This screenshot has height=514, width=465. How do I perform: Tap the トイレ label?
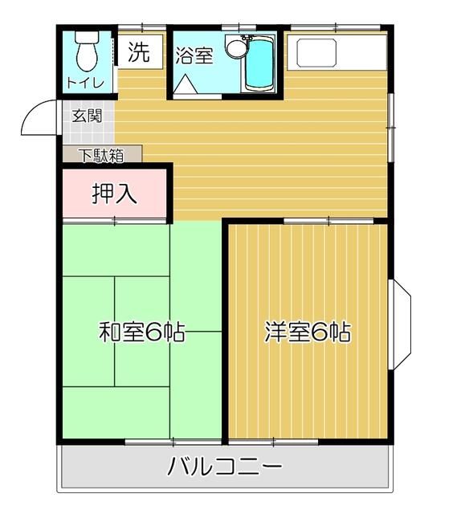click(84, 82)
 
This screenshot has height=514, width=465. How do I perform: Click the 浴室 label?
click(194, 56)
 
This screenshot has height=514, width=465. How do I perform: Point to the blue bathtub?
click(259, 66)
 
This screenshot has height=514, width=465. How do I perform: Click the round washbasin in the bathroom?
click(235, 48)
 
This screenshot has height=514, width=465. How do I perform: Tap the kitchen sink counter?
click(338, 52)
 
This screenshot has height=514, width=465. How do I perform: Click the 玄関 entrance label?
click(87, 116)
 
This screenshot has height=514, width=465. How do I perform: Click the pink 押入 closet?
click(115, 193)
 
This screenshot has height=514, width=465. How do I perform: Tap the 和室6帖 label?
click(142, 332)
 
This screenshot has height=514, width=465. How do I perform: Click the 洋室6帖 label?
click(308, 332)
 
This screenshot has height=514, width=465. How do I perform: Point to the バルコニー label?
click(224, 467)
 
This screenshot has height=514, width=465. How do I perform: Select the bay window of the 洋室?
click(401, 324)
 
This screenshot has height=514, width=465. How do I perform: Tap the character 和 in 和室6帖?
click(109, 332)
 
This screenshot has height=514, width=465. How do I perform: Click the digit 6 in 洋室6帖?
click(321, 332)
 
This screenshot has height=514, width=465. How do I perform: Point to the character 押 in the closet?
click(102, 193)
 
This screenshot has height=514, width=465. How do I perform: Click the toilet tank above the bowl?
click(84, 37)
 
